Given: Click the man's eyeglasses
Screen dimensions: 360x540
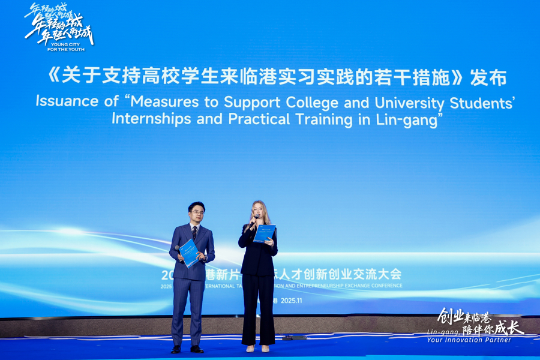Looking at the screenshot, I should tap(196, 212).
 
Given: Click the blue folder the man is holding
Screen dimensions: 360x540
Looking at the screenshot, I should tap(190, 252).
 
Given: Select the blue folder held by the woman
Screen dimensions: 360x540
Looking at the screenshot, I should tap(264, 233).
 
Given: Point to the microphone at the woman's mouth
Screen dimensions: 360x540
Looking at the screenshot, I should tap(254, 221).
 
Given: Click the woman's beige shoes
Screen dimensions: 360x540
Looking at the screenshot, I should tap(257, 348).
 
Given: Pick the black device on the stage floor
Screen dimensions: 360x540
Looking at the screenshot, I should tap(294, 338).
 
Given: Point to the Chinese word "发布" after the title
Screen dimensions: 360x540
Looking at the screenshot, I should tap(488, 78).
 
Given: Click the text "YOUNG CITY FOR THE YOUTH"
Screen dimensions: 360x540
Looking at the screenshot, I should tap(68, 47).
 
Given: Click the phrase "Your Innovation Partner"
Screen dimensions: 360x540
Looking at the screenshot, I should tap(469, 340).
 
